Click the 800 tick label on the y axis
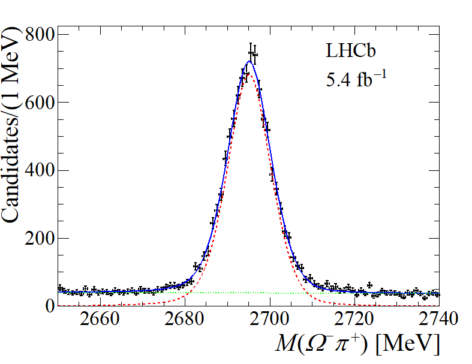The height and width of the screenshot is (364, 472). [40, 35]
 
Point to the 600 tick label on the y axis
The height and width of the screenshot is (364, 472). [40, 103]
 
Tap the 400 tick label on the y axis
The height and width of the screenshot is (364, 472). [40, 171]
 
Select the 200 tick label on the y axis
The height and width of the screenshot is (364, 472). [40, 239]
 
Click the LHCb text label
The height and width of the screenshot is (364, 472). [351, 52]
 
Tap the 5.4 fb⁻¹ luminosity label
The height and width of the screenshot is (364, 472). [353, 79]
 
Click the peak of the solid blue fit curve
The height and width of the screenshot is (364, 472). [249, 61]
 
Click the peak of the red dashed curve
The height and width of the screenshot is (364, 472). [248, 74]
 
